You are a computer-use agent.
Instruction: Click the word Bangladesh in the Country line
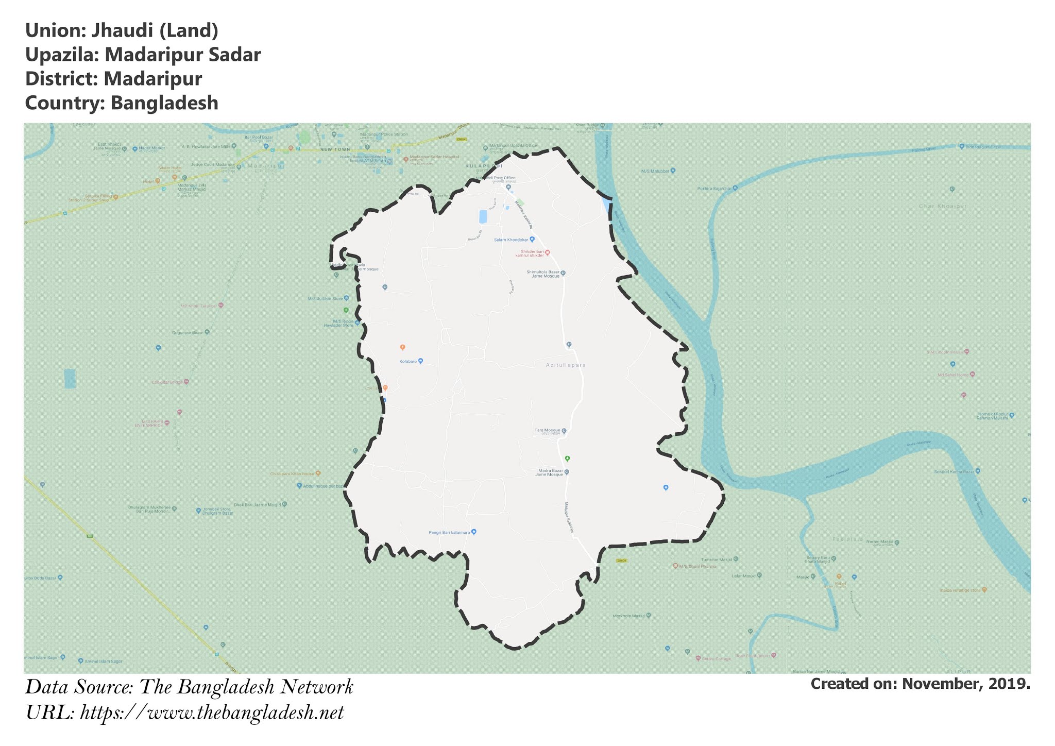coord(165,103)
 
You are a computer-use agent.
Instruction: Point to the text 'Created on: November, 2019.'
coord(920,684)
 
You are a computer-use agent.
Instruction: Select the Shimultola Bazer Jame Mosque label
coord(543,274)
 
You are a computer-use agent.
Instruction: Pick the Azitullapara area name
coord(566,365)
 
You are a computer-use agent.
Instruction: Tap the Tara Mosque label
coord(547,430)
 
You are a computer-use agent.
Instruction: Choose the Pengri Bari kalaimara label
coord(449,532)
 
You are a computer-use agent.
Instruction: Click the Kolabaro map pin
coord(420,361)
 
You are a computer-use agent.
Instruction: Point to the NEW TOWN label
coord(335,149)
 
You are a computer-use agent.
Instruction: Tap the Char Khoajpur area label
coord(943,206)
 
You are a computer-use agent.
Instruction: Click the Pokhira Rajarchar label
coord(714,189)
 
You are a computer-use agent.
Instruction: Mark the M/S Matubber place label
coord(655,171)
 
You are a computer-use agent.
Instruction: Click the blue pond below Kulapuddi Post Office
coord(483,216)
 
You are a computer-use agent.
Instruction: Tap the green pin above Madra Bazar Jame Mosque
coord(567,458)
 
